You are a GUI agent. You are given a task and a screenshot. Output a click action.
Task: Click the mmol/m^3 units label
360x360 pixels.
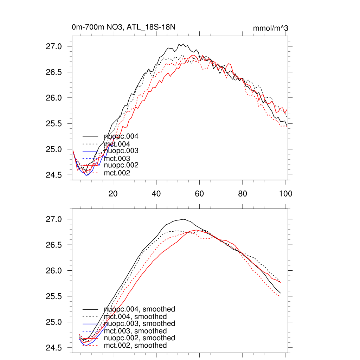tap(271, 28)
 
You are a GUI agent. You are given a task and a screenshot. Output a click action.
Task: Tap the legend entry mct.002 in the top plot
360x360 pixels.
tap(117, 173)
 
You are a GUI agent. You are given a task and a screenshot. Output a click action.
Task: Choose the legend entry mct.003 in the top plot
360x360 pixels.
tap(117, 159)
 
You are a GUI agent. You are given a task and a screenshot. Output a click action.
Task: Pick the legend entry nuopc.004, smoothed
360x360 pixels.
tap(139, 309)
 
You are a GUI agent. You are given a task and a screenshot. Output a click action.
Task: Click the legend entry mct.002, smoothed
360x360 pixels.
tap(135, 346)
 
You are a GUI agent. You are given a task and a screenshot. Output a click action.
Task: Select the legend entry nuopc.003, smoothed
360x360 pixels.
tap(139, 323)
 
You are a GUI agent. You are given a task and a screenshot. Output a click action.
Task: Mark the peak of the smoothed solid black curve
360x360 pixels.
tap(184, 219)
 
